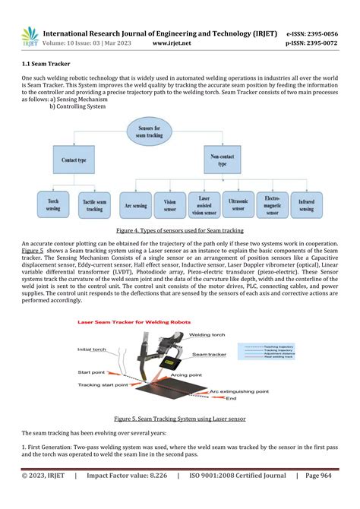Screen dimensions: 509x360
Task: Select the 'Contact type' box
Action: (x=72, y=160)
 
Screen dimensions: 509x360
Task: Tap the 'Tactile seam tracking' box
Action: (x=94, y=204)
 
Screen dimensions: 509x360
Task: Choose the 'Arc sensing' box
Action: (x=136, y=204)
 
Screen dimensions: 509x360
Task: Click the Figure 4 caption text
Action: (x=179, y=229)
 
